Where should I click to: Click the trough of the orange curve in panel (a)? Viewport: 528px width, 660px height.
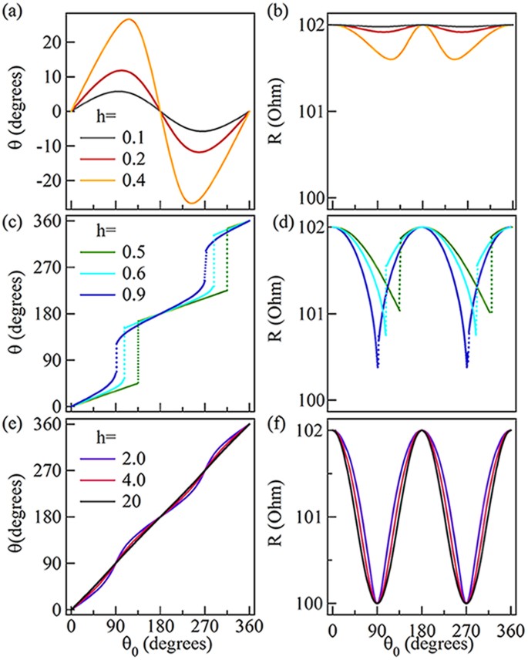point(191,203)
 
